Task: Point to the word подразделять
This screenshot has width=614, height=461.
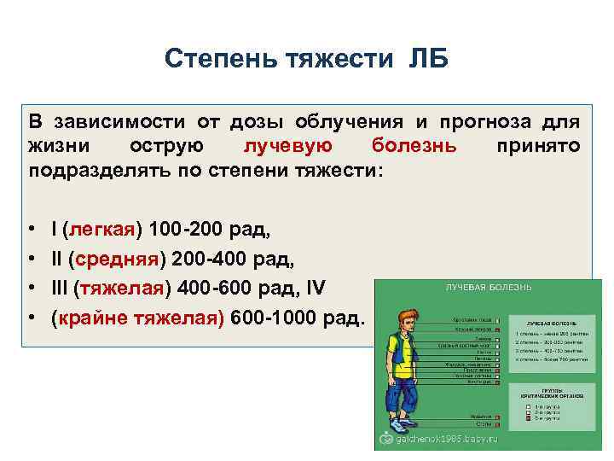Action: [x=85, y=170]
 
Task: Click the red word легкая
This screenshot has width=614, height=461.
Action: [x=101, y=230]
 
